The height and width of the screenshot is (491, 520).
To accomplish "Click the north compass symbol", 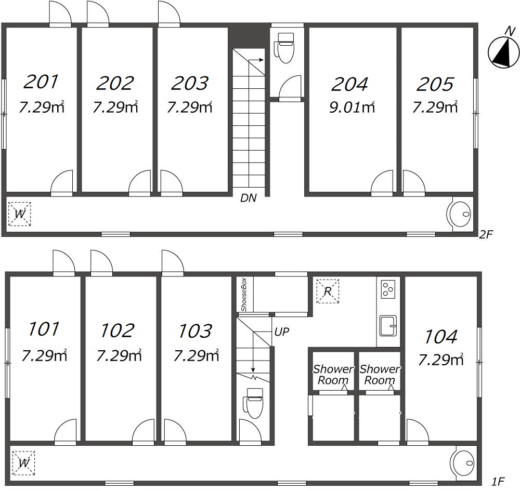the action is click(503, 51).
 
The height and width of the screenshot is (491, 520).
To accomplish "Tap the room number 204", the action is click(349, 84).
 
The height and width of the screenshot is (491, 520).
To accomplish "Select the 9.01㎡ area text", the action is click(352, 108).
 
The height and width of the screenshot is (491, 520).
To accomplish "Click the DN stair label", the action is click(249, 198).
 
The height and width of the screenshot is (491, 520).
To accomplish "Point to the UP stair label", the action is click(281, 331).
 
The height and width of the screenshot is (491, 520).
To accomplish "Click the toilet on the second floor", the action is click(284, 48).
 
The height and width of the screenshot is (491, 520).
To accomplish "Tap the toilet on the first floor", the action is click(253, 403).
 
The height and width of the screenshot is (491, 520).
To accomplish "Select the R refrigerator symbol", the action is click(328, 291).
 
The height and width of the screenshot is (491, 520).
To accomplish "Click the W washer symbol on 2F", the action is click(20, 214).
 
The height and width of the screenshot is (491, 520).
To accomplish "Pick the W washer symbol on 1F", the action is click(23, 463).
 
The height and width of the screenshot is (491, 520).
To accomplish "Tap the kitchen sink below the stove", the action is click(388, 326).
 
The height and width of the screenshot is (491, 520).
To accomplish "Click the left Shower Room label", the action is click(333, 375).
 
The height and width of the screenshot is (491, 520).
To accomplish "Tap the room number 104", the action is click(441, 337).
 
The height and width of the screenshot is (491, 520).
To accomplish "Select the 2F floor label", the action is click(486, 235).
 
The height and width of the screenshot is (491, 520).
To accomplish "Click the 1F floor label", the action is click(498, 482).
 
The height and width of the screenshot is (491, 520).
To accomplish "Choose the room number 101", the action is click(44, 329).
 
